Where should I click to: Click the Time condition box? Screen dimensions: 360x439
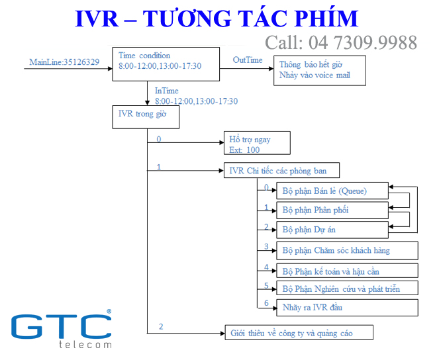[166, 64]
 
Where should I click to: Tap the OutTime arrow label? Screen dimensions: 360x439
[247, 60]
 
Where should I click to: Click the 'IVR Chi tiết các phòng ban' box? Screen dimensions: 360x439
[282, 171]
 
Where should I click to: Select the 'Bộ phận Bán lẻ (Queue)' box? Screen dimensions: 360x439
[330, 191]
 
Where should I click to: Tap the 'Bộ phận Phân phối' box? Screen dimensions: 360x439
[330, 210]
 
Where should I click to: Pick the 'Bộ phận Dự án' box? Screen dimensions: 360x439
[330, 230]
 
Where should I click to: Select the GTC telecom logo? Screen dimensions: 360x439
[61, 329]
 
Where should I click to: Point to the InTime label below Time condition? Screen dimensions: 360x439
[166, 91]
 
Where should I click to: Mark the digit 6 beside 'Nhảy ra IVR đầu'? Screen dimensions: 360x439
[266, 302]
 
